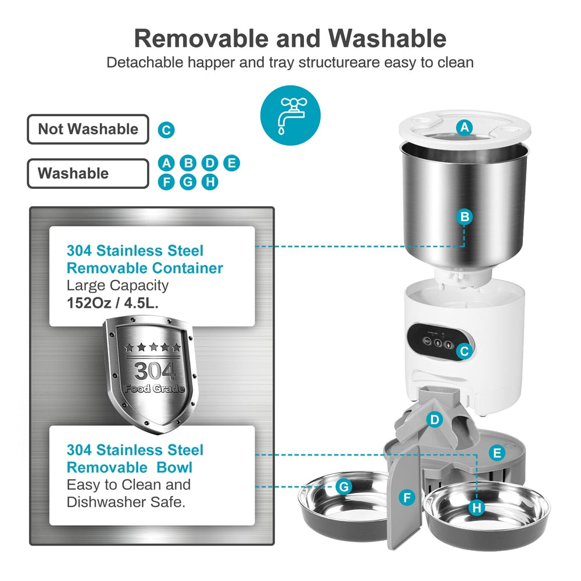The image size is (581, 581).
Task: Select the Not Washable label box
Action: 88,129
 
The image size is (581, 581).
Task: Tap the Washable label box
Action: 88,173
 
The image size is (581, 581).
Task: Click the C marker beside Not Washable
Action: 166,130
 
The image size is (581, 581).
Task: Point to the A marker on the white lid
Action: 464,127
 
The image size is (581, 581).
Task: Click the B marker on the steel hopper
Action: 464,217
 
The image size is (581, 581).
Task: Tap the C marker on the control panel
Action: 463,351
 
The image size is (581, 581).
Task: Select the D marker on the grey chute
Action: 434,419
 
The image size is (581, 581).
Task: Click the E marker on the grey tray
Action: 497,453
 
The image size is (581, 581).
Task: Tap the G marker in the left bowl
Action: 344,486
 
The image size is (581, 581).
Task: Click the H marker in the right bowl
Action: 477,508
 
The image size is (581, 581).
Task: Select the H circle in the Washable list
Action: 210,182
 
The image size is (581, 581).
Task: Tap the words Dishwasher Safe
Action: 126,501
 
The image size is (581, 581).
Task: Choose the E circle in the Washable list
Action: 231,163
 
